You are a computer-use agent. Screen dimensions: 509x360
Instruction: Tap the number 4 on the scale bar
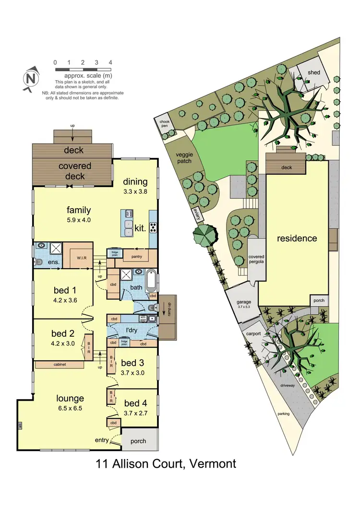pos(110,62)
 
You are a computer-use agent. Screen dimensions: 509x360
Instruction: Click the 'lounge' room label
pos(70,398)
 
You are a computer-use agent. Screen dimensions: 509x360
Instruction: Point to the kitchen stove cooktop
pos(153,227)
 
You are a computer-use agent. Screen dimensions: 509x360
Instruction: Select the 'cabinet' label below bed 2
pos(57,365)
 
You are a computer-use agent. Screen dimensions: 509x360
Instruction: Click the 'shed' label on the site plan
pos(314,72)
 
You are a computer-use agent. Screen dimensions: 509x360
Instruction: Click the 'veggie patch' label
pos(183,157)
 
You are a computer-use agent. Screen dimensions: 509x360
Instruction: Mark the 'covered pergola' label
pos(256,260)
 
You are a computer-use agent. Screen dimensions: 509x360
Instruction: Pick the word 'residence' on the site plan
pos(297,238)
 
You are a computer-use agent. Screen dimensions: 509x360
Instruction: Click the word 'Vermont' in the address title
pos(213,464)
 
